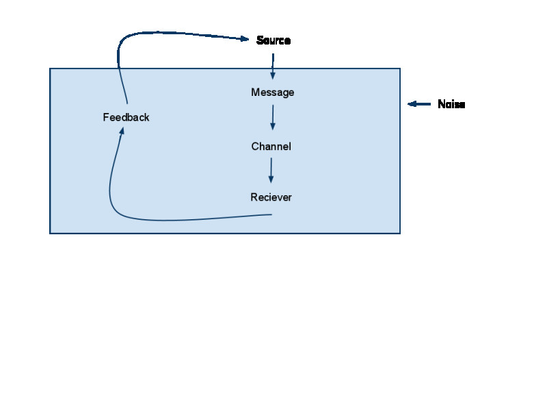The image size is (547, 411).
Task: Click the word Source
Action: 273,40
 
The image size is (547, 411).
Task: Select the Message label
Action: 272,92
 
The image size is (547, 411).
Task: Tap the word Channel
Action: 271,146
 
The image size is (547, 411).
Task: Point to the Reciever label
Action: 271,197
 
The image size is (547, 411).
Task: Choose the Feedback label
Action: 126,117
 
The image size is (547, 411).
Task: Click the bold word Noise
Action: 451,104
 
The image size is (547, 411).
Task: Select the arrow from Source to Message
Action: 273,66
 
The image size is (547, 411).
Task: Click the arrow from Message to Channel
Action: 273,117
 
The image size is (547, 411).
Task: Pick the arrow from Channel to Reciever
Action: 271,170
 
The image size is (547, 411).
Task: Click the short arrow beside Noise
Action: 419,104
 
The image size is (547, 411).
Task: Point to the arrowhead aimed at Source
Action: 245,39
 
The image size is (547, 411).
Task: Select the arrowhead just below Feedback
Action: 122,131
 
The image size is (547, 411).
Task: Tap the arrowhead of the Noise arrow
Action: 412,104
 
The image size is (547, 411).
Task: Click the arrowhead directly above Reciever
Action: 271,179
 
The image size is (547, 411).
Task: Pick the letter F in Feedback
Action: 106,117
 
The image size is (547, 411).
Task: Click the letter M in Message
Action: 255,92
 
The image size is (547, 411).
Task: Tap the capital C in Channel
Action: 255,146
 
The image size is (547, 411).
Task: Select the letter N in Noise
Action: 441,104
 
